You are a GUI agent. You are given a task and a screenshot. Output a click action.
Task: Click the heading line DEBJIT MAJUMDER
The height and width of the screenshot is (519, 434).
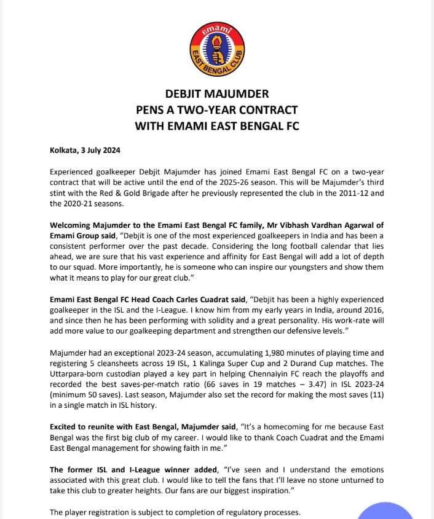pyautogui.click(x=217, y=95)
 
